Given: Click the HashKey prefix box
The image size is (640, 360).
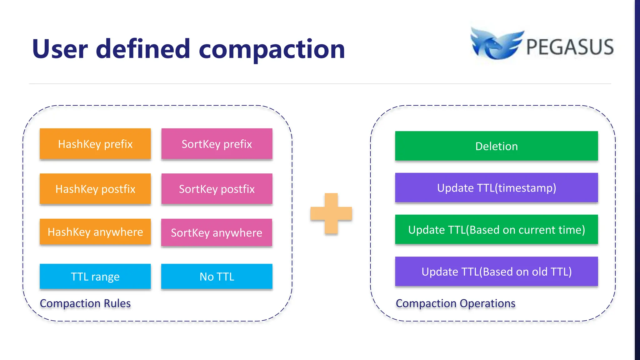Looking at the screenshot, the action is [95, 144].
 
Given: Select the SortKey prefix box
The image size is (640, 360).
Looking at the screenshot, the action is [217, 144].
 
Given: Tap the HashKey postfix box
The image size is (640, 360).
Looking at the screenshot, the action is [95, 189].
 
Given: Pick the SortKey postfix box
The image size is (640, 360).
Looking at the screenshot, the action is [217, 189].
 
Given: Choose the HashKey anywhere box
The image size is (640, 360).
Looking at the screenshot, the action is [95, 232].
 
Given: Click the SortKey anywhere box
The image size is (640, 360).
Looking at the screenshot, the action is [217, 233].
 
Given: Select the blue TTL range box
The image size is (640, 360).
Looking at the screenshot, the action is [95, 277].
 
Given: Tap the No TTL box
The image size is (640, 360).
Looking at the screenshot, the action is [217, 277].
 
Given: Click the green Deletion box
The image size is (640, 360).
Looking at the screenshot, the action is [496, 146].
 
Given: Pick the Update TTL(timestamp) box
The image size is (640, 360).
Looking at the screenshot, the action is [496, 188].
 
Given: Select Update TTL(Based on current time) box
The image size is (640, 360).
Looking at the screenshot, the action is [496, 230].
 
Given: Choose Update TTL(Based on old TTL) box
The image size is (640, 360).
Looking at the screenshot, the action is [496, 272].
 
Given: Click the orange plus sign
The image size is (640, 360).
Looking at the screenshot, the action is [331, 213].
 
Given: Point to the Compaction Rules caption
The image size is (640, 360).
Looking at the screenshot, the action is [85, 303].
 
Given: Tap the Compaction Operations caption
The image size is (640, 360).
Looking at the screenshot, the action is [455, 303].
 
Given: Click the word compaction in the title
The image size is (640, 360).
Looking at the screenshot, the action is [272, 49].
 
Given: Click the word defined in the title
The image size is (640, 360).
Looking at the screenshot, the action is [143, 49].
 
